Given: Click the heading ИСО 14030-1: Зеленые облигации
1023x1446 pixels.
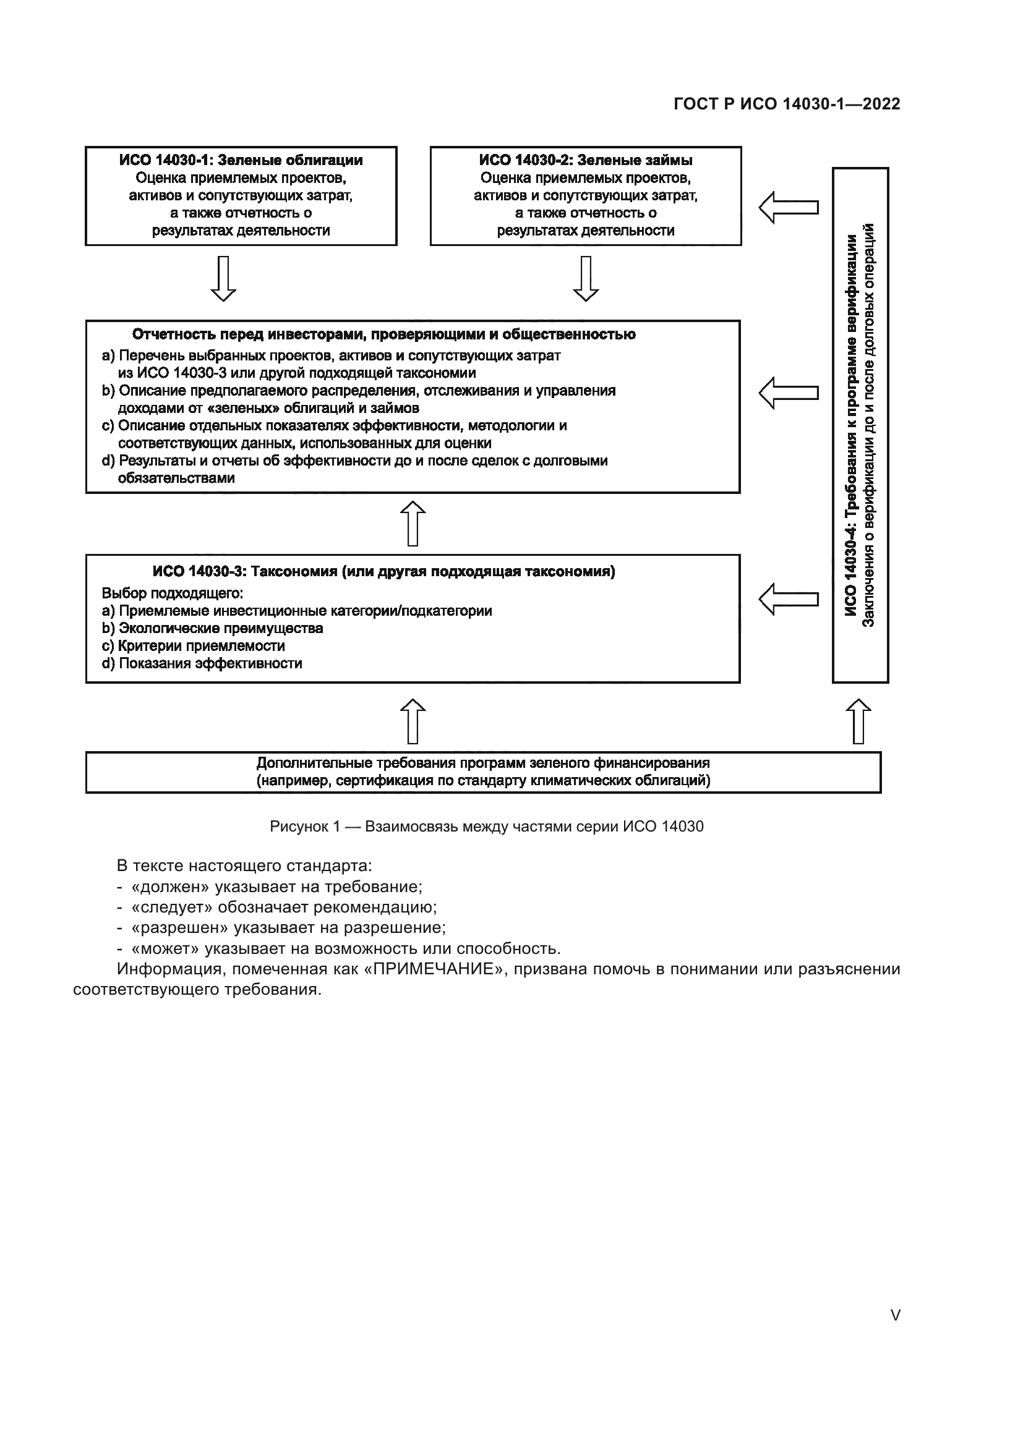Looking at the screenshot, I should tap(241, 161).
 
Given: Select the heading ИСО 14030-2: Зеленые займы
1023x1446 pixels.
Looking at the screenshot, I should tap(585, 161).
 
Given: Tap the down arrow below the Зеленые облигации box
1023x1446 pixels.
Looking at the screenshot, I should tap(223, 278).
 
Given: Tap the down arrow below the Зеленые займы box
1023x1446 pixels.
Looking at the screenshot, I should tap(585, 278).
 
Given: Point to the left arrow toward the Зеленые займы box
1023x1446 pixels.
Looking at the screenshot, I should tap(788, 207).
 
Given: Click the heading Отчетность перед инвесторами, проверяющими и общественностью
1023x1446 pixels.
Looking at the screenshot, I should tap(383, 334).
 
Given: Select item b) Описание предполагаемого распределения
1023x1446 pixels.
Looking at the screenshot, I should tap(359, 391).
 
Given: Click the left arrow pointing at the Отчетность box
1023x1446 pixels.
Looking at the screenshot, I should tap(788, 393).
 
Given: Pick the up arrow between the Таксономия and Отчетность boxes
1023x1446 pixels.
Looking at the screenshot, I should tap(413, 524).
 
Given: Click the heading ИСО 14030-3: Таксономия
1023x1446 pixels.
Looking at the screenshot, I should tap(383, 571).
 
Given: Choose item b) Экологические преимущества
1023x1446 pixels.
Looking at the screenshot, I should tap(212, 628).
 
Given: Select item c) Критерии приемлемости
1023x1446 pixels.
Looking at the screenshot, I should tap(194, 645).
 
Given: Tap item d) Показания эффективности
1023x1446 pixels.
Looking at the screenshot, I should tap(202, 663).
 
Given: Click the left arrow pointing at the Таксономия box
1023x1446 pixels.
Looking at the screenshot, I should tap(788, 599).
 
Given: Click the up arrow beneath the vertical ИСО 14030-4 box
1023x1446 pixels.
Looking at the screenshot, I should tap(858, 721).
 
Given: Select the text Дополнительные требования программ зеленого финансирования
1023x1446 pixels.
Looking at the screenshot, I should tap(482, 763).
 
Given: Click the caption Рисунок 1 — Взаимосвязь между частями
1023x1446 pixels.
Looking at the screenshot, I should tap(486, 827).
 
